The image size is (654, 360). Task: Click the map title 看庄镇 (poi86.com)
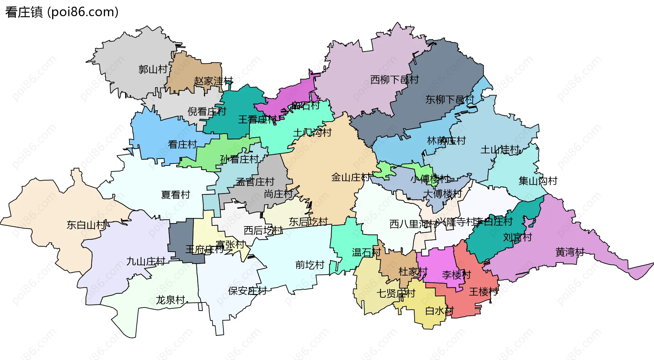coord(62,12)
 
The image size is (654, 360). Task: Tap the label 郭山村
coord(153,69)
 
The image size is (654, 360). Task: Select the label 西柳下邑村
coord(394,80)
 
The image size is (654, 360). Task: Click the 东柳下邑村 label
coord(450,100)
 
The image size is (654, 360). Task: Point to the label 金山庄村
coord(351,177)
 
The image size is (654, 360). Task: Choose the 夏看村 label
coord(175,195)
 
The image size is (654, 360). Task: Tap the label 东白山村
coord(86,225)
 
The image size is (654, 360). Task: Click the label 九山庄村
coord(145,262)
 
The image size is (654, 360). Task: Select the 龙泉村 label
coord(170,300)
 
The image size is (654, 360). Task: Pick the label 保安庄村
coord(247,291)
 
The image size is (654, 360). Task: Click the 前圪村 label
coord(310,265)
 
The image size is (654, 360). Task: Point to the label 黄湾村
coord(570,252)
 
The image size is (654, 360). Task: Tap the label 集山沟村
coord(538,181)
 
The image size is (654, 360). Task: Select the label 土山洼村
coord(500,150)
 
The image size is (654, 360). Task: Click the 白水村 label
coord(439,311)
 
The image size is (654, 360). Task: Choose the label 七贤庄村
coord(396,293)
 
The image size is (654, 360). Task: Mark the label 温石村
coord(366,252)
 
